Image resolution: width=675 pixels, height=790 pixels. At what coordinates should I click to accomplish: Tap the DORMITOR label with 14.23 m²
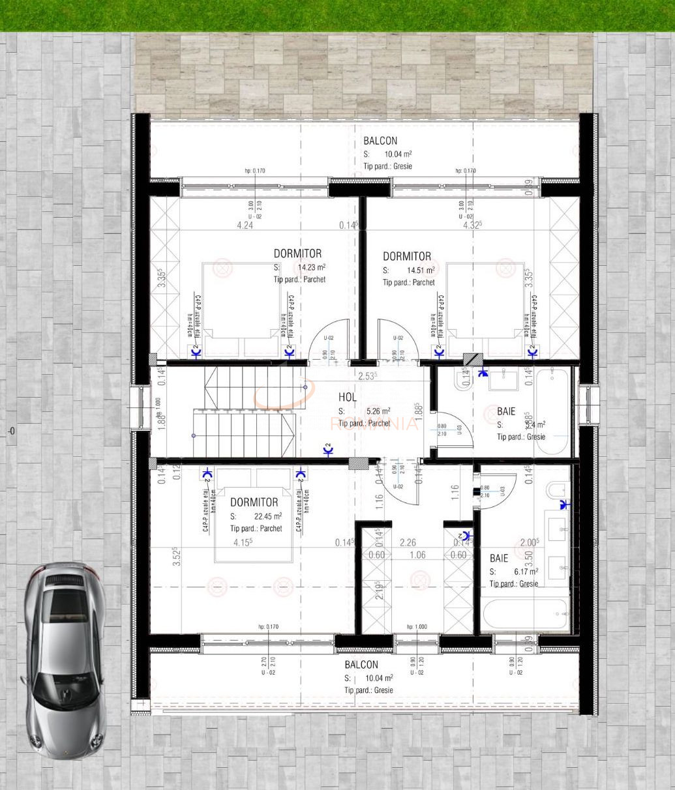pos(297,254)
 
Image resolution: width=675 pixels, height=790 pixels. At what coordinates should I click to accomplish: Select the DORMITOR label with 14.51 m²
pos(406,257)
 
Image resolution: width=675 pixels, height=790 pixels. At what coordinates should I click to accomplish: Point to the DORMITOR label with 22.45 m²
pos(254,503)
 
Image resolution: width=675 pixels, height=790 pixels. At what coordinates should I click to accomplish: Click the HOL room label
pos(347,398)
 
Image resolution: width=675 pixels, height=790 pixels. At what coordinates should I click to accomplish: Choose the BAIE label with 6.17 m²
pos(499,559)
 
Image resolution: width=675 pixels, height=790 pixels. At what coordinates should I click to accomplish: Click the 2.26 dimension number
pos(408,542)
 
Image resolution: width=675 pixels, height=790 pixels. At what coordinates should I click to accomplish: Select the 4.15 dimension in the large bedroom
pos(243,542)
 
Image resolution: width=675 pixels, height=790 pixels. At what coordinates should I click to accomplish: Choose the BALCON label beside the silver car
pos(361,665)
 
